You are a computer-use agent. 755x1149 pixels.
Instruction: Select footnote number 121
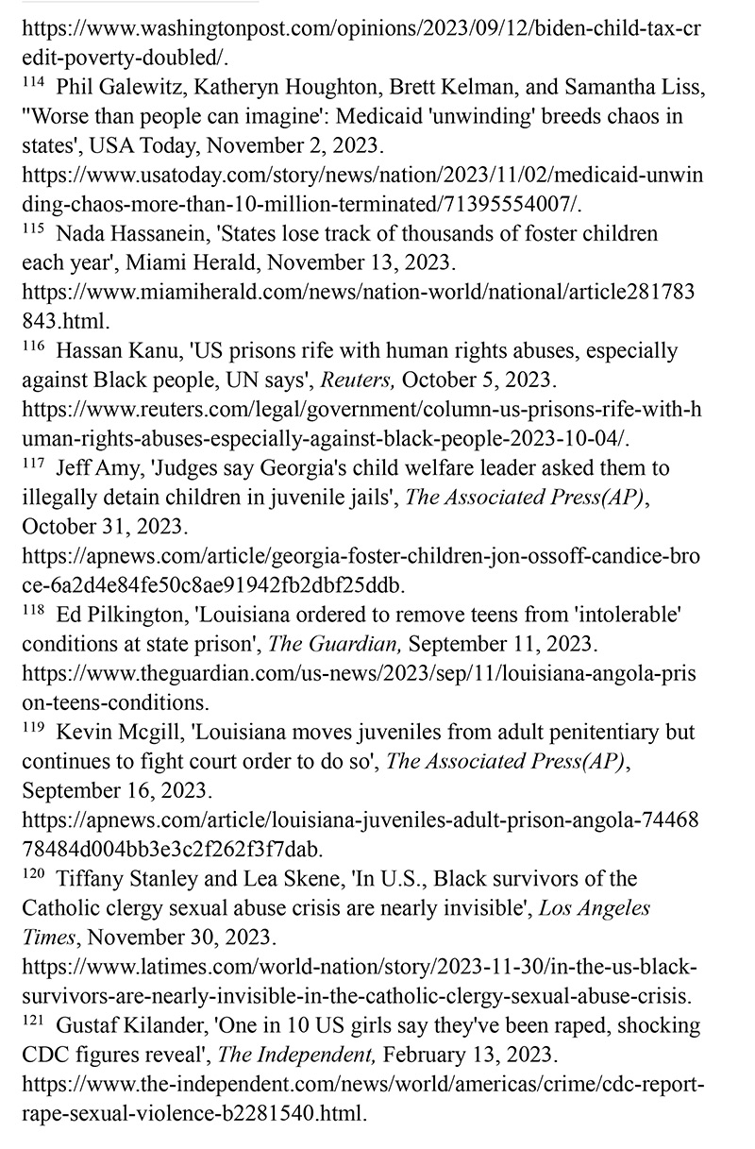pyautogui.click(x=33, y=1023)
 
